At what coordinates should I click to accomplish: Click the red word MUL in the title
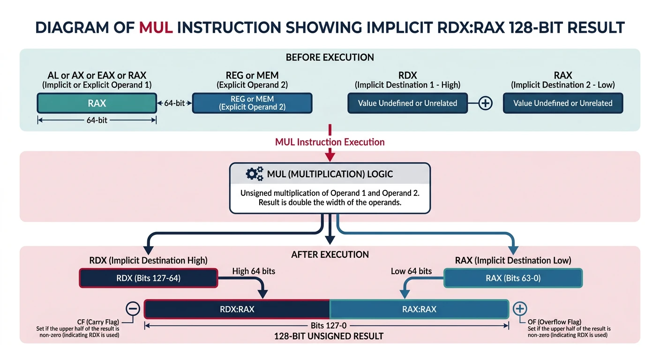pyautogui.click(x=156, y=28)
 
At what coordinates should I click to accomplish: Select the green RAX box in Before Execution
pyautogui.click(x=97, y=103)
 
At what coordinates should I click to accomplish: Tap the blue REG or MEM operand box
pyautogui.click(x=252, y=103)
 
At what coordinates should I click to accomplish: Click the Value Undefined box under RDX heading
pyautogui.click(x=407, y=103)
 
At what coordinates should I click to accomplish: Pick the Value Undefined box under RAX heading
pyautogui.click(x=562, y=103)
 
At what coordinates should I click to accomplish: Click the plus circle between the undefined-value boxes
pyautogui.click(x=485, y=103)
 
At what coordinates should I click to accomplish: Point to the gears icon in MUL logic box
pyautogui.click(x=254, y=174)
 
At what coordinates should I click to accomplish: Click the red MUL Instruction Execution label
pyautogui.click(x=330, y=142)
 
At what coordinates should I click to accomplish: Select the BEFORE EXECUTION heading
pyautogui.click(x=330, y=58)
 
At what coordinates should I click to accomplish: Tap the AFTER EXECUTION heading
pyautogui.click(x=330, y=255)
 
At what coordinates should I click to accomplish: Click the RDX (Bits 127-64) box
pyautogui.click(x=148, y=278)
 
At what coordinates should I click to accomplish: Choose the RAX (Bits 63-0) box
pyautogui.click(x=513, y=278)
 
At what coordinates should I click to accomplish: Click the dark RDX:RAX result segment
pyautogui.click(x=237, y=309)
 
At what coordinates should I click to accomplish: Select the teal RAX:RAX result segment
pyautogui.click(x=419, y=309)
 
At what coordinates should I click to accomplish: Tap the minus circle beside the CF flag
pyautogui.click(x=133, y=308)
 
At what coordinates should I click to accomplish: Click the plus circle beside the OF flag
pyautogui.click(x=520, y=308)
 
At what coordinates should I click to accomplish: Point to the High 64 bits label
pyautogui.click(x=254, y=271)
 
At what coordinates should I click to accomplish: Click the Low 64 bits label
pyautogui.click(x=411, y=271)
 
